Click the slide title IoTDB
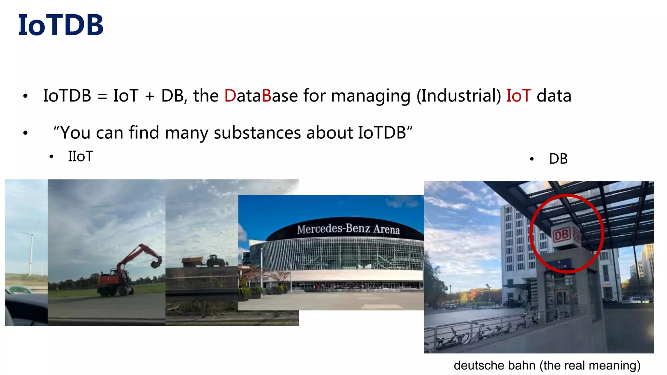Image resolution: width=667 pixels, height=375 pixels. (61, 25)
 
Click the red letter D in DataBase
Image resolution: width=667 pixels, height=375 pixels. (230, 96)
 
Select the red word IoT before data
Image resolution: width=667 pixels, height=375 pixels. (518, 96)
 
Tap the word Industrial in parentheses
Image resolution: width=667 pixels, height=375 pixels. (459, 96)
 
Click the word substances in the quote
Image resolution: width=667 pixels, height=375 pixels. (257, 132)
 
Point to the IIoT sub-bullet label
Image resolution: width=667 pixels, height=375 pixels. (80, 157)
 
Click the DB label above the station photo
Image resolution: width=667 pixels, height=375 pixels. (558, 159)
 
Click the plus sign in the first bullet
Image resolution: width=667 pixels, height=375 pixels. (149, 96)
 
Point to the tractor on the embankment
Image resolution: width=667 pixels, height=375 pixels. (216, 260)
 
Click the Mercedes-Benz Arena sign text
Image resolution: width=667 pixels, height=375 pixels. (348, 229)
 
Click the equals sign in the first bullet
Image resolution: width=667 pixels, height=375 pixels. (102, 96)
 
